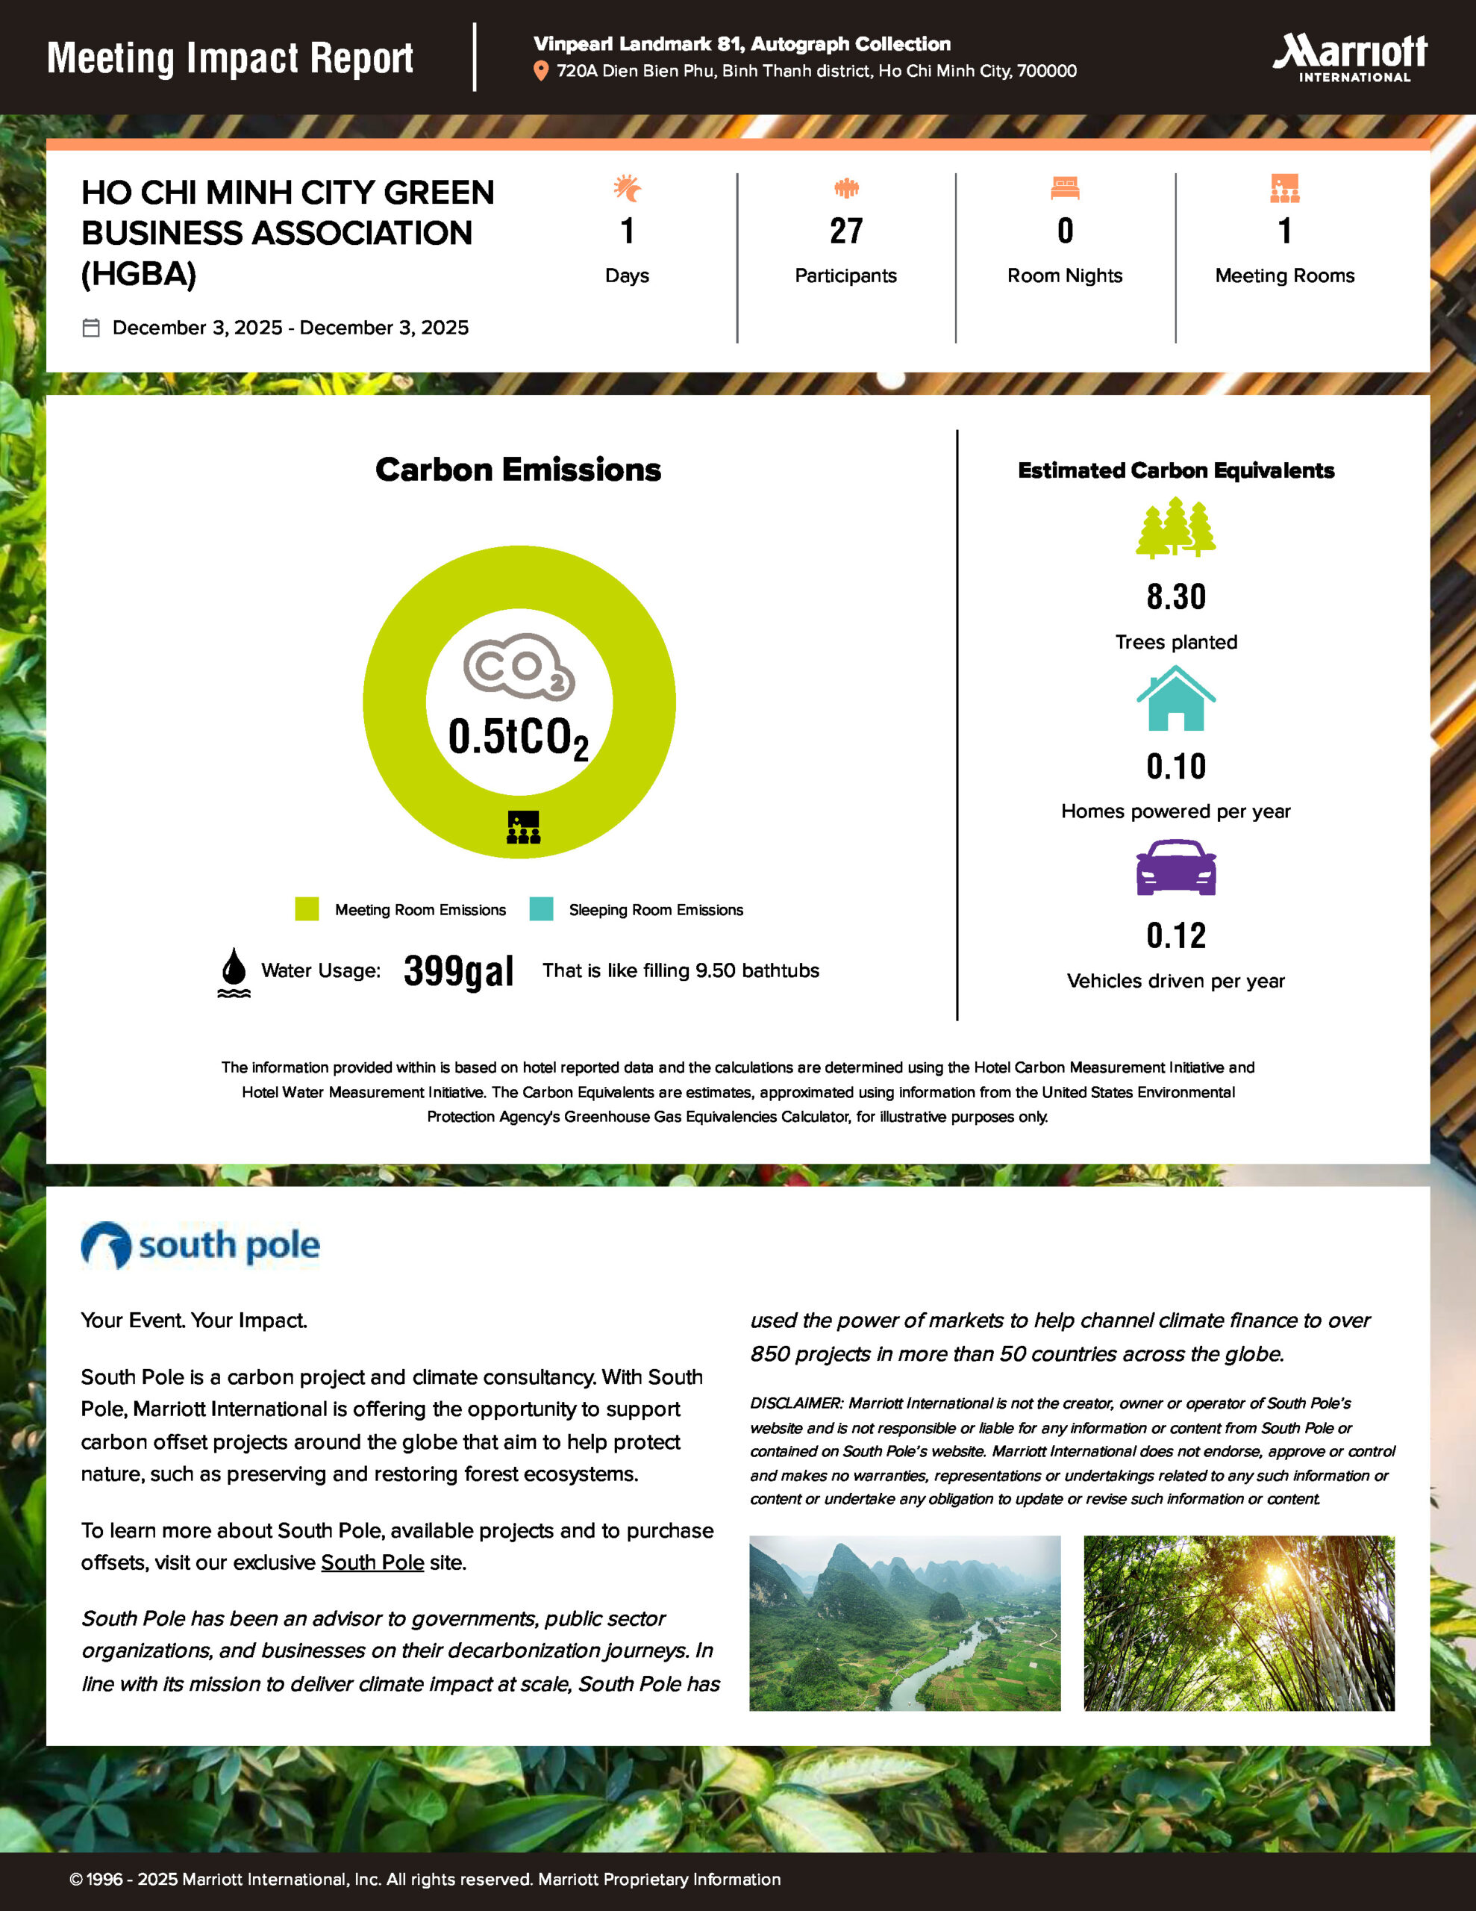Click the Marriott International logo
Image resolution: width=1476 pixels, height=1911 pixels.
[1350, 57]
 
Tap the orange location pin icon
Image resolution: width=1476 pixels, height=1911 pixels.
[541, 71]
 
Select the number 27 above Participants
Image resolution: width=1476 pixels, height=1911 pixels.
[846, 231]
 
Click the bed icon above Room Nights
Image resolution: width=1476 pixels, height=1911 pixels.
[1065, 188]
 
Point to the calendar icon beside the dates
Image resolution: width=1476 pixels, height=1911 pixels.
[91, 328]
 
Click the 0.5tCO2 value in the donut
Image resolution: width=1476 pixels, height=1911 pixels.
[518, 737]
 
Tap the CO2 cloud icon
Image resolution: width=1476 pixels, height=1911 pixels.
[519, 667]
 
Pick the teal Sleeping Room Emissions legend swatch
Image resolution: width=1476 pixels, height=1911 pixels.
[541, 909]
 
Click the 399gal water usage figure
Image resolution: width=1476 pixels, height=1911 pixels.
[458, 970]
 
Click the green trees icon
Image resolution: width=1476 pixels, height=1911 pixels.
[1175, 528]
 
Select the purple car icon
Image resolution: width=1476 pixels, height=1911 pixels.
[1175, 867]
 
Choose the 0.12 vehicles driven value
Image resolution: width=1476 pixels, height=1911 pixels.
[1176, 935]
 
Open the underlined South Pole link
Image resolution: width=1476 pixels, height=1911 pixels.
[372, 1562]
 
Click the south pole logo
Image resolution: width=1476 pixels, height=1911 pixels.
[201, 1245]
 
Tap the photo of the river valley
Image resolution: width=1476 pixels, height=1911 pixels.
[904, 1623]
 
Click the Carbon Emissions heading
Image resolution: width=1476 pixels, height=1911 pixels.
[518, 470]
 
